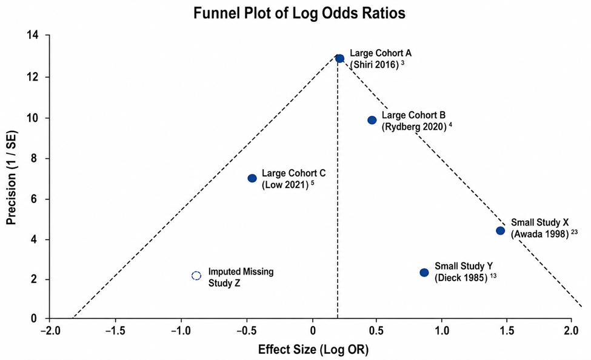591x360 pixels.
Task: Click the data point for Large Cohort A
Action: (x=339, y=58)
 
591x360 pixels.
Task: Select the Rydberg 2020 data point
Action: (x=372, y=120)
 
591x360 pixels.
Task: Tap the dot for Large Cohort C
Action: (x=252, y=178)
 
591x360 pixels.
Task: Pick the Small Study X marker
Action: (x=500, y=231)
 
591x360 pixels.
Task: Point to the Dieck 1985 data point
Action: (x=424, y=273)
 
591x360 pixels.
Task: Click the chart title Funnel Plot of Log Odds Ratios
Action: (x=299, y=13)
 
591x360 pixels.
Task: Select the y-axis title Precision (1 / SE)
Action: (x=12, y=178)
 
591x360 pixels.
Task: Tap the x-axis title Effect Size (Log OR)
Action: (x=313, y=350)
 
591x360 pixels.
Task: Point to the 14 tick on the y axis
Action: (x=32, y=35)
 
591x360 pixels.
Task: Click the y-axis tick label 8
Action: (x=35, y=158)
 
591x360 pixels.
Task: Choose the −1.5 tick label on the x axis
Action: (x=115, y=330)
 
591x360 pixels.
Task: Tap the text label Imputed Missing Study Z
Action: (x=241, y=278)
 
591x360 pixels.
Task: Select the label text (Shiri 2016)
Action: (x=374, y=64)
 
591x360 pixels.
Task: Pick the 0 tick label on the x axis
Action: (x=313, y=330)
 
